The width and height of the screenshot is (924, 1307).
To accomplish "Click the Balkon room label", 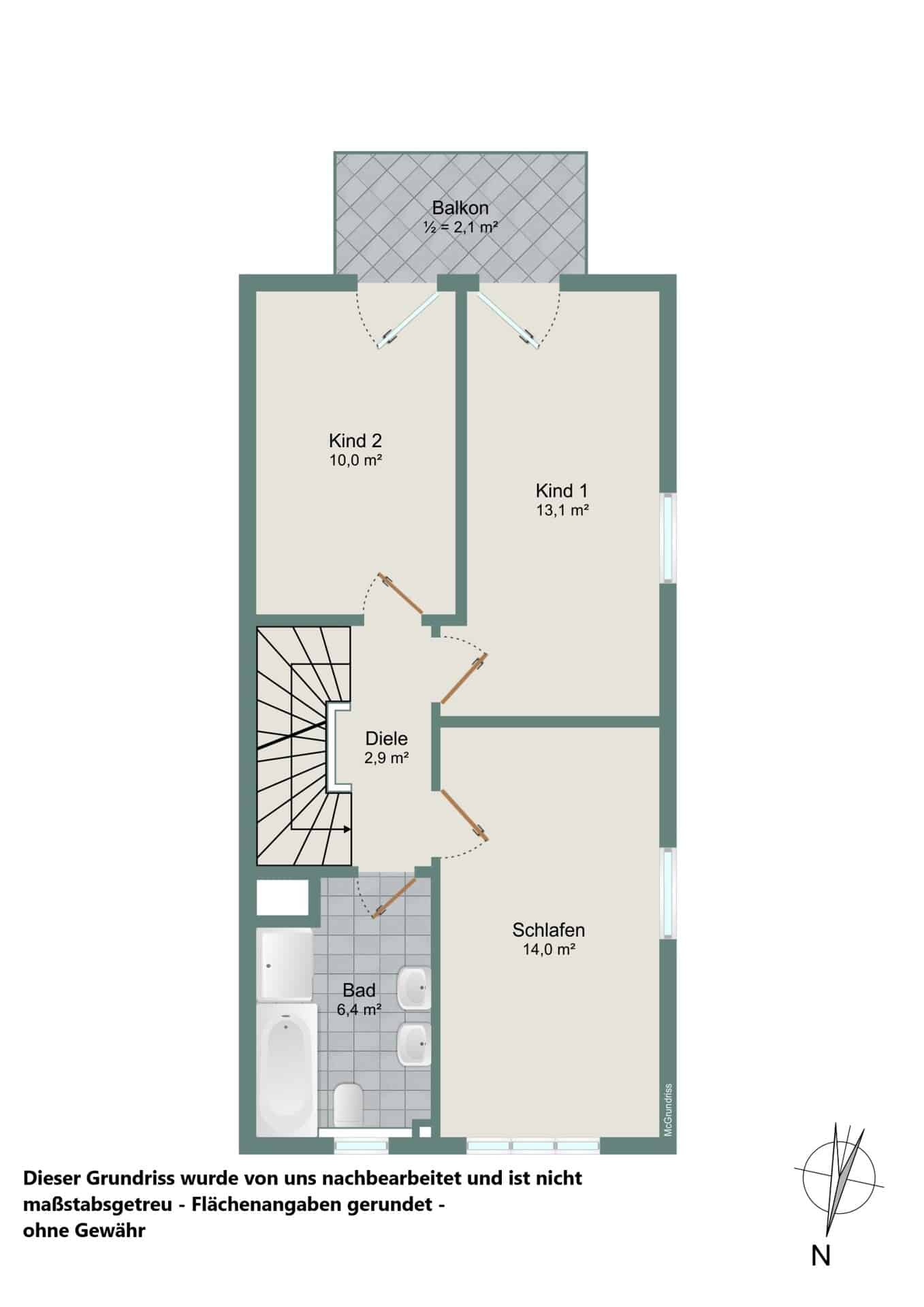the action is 460,208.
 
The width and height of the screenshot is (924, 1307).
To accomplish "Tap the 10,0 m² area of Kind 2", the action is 355,460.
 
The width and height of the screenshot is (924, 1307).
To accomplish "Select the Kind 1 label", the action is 562,490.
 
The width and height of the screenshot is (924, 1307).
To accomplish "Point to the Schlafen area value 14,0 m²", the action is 549,950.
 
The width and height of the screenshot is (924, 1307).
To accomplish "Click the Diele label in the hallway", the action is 386,739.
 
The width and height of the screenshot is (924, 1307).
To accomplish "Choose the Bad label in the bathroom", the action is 359,990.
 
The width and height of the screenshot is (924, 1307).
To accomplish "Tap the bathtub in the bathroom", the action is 287,1069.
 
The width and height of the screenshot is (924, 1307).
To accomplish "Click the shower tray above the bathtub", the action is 285,965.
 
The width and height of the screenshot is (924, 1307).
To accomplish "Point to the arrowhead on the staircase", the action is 347,829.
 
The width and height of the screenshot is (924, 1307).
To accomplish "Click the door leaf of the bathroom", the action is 394,898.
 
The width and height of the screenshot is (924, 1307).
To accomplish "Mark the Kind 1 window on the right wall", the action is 669,538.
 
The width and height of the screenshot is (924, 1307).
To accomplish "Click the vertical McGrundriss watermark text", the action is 668,1110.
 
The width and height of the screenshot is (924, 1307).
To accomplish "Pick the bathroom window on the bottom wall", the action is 362,1148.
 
